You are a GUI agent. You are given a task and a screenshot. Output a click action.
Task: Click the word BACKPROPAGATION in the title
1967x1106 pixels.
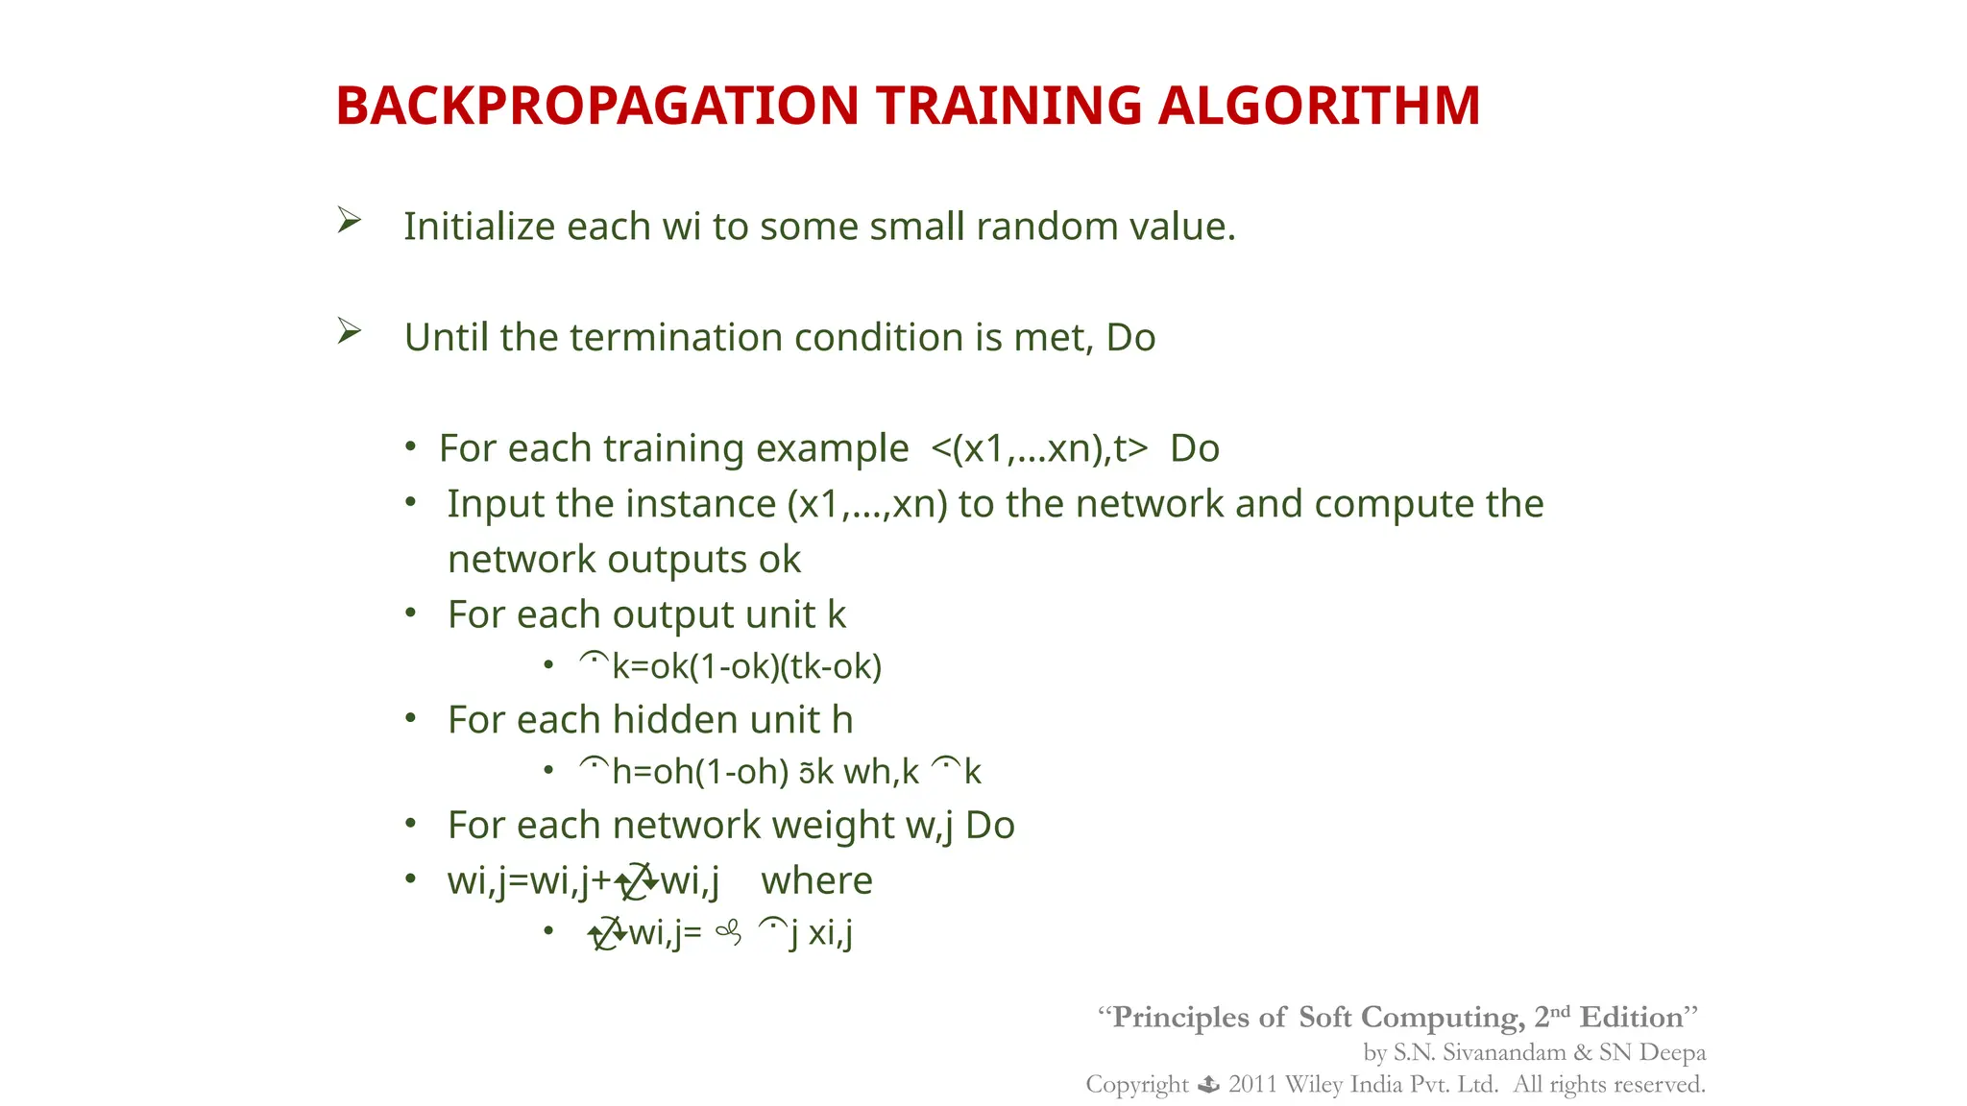pos(596,106)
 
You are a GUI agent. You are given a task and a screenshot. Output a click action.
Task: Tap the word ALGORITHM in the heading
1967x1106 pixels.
pos(1319,106)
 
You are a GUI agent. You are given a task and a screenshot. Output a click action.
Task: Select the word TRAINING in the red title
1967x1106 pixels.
pos(1008,106)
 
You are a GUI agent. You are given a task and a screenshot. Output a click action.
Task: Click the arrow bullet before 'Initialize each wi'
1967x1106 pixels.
pos(349,221)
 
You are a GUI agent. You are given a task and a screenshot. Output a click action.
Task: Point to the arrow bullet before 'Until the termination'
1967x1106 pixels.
pos(349,332)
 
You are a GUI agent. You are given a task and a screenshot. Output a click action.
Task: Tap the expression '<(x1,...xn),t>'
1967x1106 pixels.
pos(1039,448)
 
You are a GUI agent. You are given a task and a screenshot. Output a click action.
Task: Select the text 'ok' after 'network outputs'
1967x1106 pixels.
pos(779,560)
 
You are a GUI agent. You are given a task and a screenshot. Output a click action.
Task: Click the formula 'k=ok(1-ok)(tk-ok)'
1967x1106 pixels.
pos(746,666)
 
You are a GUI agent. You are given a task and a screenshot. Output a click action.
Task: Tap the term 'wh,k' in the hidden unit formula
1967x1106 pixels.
pos(881,772)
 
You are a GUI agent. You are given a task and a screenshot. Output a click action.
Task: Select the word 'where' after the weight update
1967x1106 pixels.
pos(816,880)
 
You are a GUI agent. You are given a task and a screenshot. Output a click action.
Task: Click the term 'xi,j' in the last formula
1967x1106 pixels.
pos(831,933)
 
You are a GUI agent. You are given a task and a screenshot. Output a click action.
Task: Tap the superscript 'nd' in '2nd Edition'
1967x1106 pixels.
pos(1560,1011)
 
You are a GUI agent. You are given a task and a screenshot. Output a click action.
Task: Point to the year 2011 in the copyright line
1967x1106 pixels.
pos(1251,1085)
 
